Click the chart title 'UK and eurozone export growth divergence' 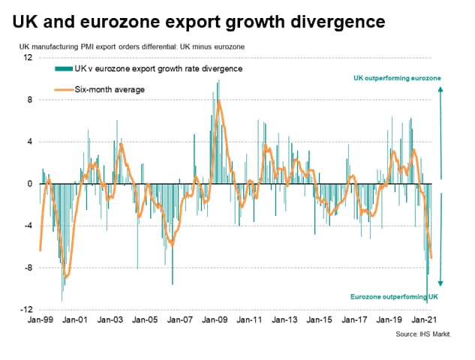coord(199,22)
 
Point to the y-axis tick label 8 coord(29,100)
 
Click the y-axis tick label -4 coord(27,226)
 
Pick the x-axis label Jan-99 coord(40,319)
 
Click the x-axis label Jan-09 coord(216,319)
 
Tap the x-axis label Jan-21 coord(427,319)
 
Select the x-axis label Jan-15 coord(321,319)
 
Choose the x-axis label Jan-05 coord(146,319)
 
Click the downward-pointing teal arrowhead coord(441,283)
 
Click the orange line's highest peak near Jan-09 coord(218,100)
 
